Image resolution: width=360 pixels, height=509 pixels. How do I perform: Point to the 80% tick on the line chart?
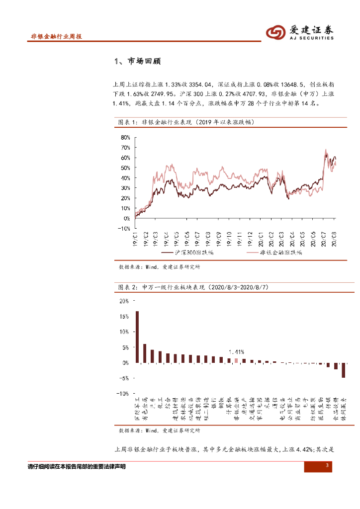click(x=125, y=137)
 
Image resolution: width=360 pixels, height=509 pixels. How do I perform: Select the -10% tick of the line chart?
click(x=123, y=229)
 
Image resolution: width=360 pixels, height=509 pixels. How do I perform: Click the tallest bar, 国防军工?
click(x=137, y=337)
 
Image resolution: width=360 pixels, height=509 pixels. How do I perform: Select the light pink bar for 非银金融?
click(x=237, y=360)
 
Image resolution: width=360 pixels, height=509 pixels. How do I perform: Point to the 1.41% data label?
click(x=236, y=351)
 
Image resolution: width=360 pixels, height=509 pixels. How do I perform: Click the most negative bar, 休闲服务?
click(x=343, y=370)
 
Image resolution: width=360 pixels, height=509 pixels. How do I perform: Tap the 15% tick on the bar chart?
click(x=124, y=317)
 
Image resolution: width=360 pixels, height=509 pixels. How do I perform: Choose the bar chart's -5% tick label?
click(x=123, y=378)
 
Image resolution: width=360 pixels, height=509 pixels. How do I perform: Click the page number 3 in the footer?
click(x=327, y=465)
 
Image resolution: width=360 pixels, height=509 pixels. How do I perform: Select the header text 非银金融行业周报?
click(x=56, y=37)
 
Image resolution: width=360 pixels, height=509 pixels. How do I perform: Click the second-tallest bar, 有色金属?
click(x=145, y=353)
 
